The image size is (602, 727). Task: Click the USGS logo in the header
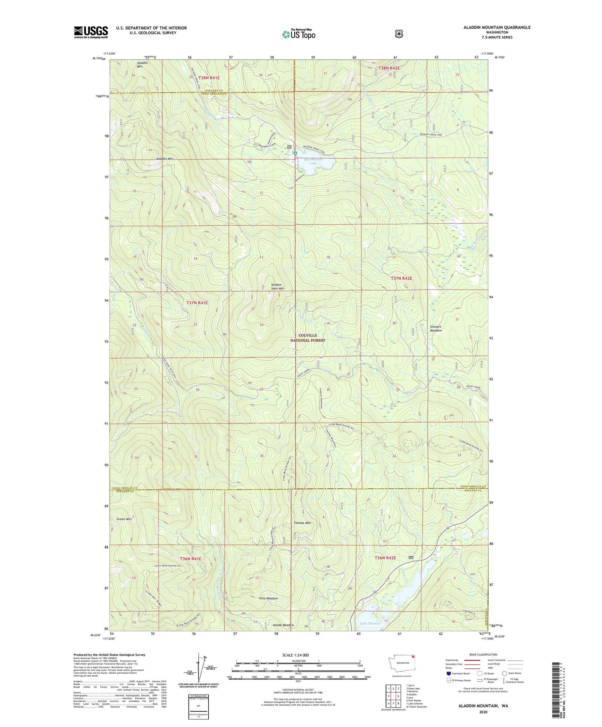[x=91, y=32]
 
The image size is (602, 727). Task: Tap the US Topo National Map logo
[x=299, y=34]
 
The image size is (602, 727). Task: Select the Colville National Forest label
[x=308, y=338]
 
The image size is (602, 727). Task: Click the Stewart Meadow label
[x=436, y=328]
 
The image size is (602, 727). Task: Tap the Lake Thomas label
[x=370, y=624]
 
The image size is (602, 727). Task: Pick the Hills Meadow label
[x=268, y=598]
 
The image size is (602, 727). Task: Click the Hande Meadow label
[x=283, y=625]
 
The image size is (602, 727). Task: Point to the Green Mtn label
[x=124, y=519]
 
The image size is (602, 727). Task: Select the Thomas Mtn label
[x=302, y=523]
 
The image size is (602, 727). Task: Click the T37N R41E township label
[x=197, y=303]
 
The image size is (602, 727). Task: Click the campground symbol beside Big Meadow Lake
[x=295, y=153]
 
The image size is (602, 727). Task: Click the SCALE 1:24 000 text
[x=298, y=655]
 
